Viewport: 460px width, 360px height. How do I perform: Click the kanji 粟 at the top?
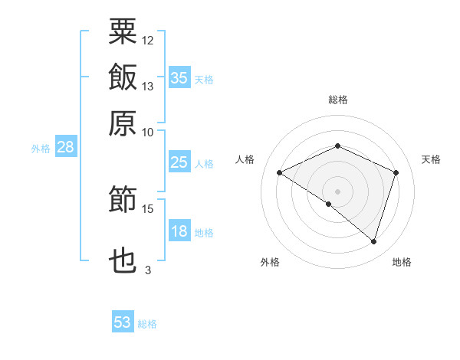click(123, 31)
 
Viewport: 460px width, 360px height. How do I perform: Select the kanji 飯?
click(123, 77)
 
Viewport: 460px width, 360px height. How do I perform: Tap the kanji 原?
click(123, 123)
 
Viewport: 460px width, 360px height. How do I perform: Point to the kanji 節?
click(123, 198)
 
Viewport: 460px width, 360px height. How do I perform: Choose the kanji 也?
click(123, 260)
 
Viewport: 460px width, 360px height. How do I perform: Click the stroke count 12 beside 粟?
click(147, 41)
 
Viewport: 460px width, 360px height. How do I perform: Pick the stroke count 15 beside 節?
click(147, 209)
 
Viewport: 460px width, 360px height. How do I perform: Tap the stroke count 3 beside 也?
click(148, 270)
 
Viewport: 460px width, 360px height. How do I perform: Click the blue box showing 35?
click(179, 77)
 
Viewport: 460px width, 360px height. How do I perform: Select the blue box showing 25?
click(179, 162)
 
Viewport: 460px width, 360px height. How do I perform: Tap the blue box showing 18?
click(179, 230)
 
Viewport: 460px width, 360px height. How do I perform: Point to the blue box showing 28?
click(66, 146)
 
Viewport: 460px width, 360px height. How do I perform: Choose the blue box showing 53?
click(123, 321)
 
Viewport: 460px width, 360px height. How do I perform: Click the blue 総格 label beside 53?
click(147, 324)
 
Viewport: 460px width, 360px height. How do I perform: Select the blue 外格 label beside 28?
click(41, 149)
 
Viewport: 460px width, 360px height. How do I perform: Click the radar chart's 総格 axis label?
click(338, 100)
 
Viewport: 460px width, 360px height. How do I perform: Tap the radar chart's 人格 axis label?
click(245, 159)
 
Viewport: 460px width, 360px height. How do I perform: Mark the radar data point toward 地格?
click(374, 242)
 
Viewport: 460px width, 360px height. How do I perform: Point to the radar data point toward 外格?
click(329, 204)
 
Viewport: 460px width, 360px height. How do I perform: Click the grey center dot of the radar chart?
click(337, 191)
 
